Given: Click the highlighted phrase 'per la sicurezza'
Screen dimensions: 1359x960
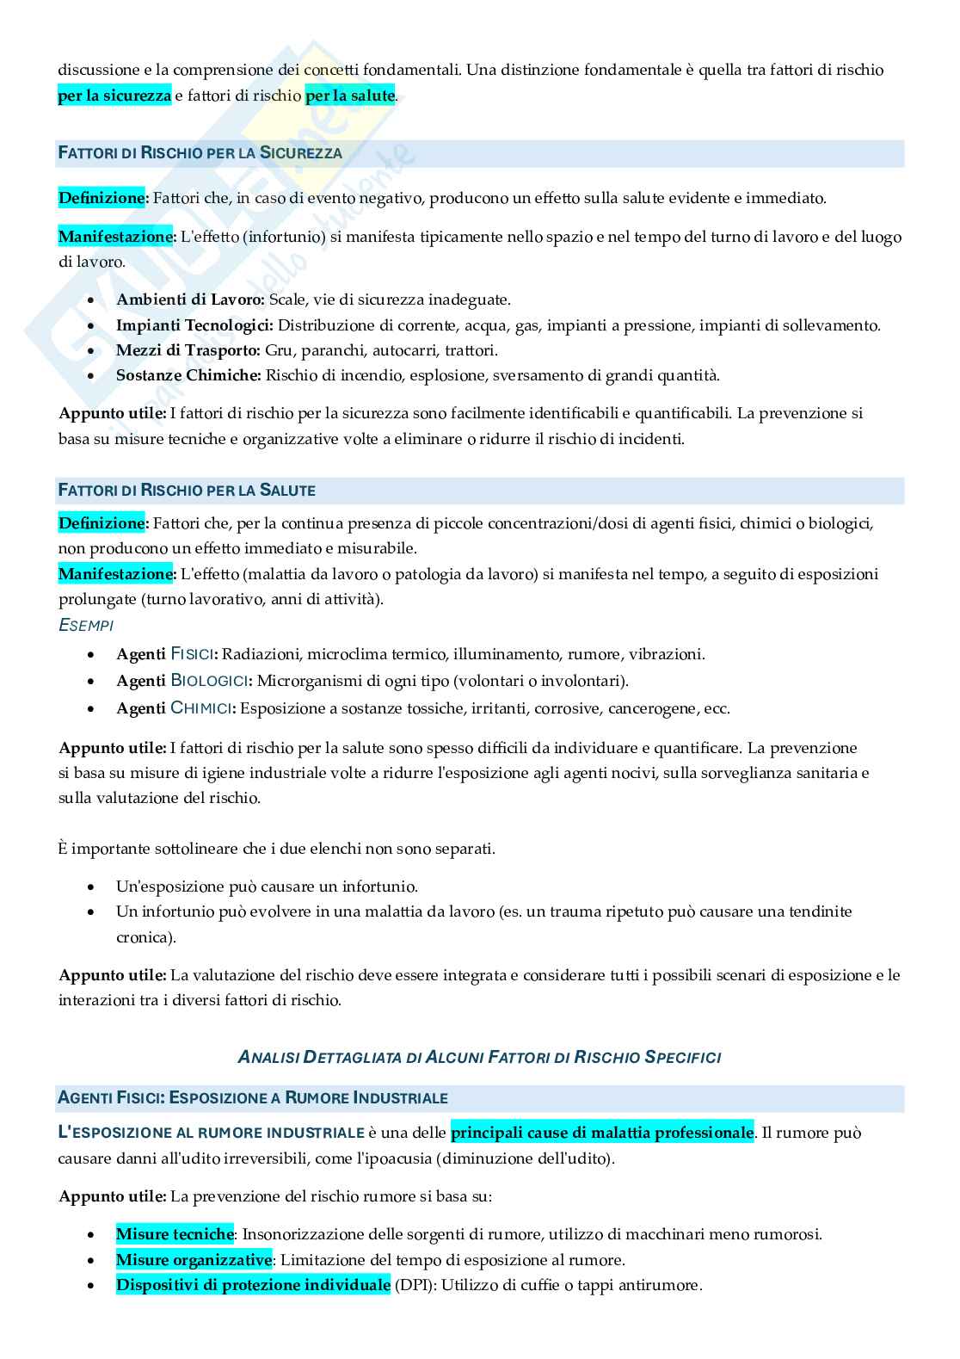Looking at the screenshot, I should tap(114, 96).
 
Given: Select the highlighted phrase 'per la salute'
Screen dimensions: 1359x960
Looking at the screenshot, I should tap(350, 96).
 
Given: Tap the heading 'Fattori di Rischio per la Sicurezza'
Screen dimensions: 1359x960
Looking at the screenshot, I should tap(200, 153).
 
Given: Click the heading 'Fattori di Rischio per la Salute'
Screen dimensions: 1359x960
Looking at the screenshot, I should tap(187, 491).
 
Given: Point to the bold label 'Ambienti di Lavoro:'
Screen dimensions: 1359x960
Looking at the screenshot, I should tap(190, 300).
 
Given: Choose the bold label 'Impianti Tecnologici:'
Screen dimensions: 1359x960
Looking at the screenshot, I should tap(194, 325).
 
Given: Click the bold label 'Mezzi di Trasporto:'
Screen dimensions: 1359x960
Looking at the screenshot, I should tap(188, 350).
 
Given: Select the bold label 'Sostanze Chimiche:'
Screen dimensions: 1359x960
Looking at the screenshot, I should tap(188, 375).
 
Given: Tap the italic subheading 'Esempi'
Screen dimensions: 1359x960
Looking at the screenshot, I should tap(85, 626).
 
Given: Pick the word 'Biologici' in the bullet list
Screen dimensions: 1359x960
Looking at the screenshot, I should tap(211, 681).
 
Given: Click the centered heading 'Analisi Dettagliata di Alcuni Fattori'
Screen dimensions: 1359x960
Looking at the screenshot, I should tap(479, 1057).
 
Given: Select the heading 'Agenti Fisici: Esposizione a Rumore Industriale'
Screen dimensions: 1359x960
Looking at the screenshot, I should tap(253, 1098).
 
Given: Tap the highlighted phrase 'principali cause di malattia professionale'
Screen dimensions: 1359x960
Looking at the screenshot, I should tap(602, 1133).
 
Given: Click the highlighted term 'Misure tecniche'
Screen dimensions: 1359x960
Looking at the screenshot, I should tap(175, 1234).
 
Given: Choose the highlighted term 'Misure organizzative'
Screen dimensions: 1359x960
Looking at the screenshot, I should tap(194, 1260).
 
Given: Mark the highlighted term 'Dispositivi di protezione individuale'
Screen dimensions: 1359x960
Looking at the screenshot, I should tap(253, 1285).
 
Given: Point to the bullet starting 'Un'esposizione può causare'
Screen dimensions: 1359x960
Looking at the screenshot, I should tap(267, 886).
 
